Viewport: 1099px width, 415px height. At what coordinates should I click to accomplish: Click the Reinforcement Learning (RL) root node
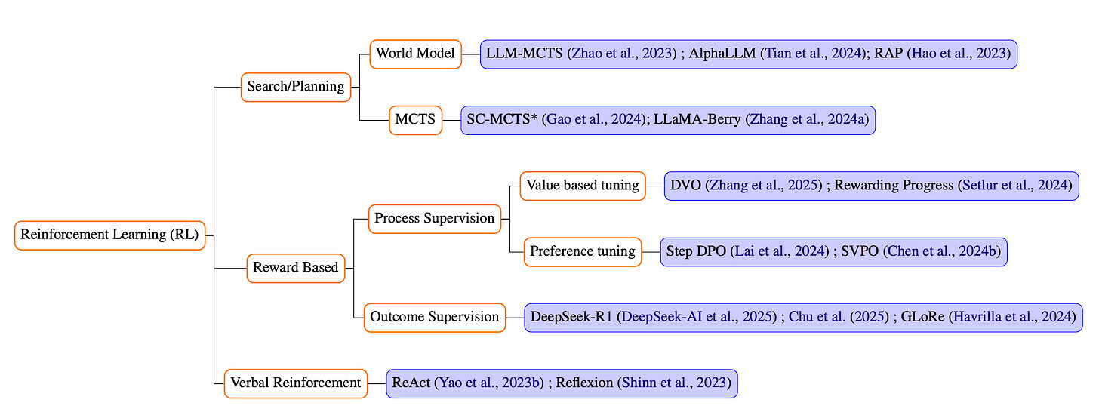pyautogui.click(x=110, y=235)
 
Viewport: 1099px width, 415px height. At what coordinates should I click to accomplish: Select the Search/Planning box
pyautogui.click(x=296, y=87)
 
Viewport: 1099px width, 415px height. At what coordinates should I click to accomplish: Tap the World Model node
pyautogui.click(x=416, y=54)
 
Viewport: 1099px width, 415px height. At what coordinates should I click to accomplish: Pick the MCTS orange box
pyautogui.click(x=416, y=120)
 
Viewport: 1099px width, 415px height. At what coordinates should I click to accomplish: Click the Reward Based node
pyautogui.click(x=296, y=268)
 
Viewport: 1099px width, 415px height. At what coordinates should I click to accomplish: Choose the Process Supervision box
pyautogui.click(x=435, y=218)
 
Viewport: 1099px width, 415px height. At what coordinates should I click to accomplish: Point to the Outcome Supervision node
pyautogui.click(x=435, y=318)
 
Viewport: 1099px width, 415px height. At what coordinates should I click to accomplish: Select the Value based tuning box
pyautogui.click(x=583, y=186)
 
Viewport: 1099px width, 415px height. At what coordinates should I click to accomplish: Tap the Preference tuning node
pyautogui.click(x=583, y=252)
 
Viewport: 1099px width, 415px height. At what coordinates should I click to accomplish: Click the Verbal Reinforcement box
pyautogui.click(x=296, y=383)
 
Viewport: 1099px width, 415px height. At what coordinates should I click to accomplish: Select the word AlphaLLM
pyautogui.click(x=722, y=54)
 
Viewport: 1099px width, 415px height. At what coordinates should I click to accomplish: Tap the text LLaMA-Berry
pyautogui.click(x=697, y=119)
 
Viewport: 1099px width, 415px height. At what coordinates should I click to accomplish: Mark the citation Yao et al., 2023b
pyautogui.click(x=489, y=383)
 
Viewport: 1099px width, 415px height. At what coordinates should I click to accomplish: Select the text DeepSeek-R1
pyautogui.click(x=571, y=317)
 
